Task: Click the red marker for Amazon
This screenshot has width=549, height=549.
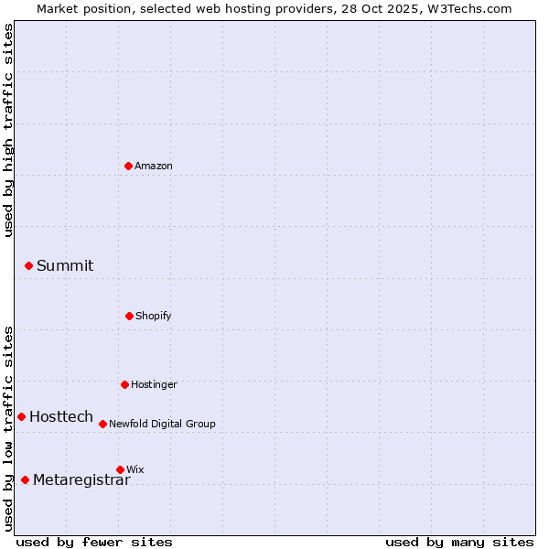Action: tap(128, 166)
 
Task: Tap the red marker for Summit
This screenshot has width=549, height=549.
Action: tap(28, 265)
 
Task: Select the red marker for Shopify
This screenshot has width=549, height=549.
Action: tap(129, 316)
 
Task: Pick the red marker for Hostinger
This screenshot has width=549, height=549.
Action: tap(124, 384)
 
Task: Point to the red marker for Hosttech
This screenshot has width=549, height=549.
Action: tap(21, 416)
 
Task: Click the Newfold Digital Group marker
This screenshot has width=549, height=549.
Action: tap(102, 424)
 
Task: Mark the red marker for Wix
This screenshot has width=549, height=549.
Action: tap(120, 469)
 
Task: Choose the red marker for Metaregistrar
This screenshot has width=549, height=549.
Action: tap(25, 479)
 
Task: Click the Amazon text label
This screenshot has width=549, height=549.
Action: tap(154, 166)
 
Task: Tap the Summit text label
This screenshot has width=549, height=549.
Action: tap(65, 265)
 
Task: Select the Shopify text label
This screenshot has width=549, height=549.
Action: tap(154, 316)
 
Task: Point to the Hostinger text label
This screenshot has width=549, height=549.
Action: tap(154, 384)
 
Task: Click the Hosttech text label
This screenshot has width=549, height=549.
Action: tap(61, 416)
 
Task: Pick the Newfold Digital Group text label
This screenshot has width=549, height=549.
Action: tap(162, 424)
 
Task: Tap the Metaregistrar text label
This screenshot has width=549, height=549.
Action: tap(81, 479)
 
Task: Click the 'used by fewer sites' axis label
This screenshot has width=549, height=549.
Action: tap(94, 542)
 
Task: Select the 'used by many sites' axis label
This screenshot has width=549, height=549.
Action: tap(459, 542)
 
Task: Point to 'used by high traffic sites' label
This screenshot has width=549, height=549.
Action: tap(8, 131)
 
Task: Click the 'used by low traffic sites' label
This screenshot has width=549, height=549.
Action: tap(8, 428)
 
